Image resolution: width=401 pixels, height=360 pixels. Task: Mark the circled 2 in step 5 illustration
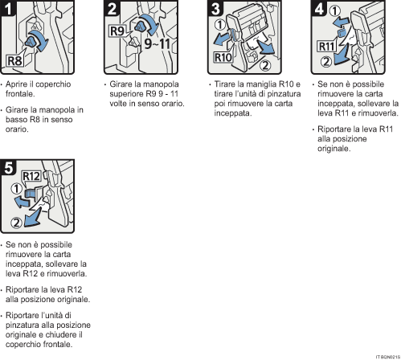tap(16, 223)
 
